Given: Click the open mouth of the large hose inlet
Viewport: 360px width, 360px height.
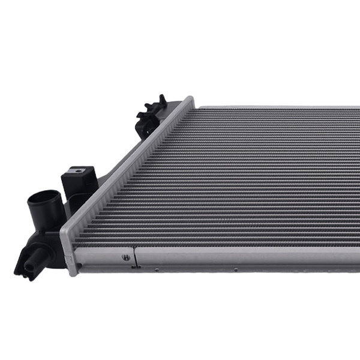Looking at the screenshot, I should point(44,200).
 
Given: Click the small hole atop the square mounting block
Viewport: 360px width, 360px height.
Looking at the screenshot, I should point(77,171).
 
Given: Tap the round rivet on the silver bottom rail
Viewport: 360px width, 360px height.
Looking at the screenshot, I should point(125,257).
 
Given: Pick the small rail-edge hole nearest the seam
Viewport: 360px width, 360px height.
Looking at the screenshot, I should point(157,270).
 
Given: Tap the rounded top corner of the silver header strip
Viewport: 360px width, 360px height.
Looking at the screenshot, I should point(189,100).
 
